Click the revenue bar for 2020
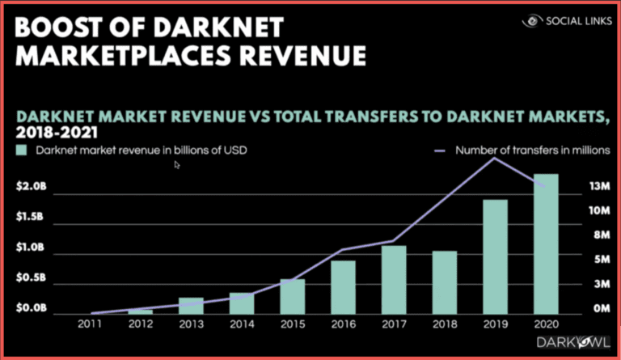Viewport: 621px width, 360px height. coord(546,244)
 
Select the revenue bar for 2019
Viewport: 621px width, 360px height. coord(495,256)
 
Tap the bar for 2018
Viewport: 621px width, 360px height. coord(445,282)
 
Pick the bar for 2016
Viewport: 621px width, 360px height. coord(343,287)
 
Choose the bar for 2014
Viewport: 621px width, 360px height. coord(241,303)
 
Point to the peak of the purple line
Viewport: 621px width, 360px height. coord(494,158)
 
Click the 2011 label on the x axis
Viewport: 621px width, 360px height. coord(89,324)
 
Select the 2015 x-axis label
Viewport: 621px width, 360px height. coord(292,324)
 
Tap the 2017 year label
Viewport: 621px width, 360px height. coord(394,324)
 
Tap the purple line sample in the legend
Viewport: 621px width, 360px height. coord(441,150)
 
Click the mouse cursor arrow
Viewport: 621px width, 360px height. coord(177,165)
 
